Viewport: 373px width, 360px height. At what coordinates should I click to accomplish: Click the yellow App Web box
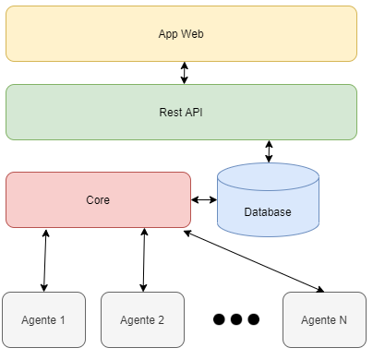181,33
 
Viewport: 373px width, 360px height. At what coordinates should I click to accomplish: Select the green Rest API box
181,112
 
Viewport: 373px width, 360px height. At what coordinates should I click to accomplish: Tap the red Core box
98,198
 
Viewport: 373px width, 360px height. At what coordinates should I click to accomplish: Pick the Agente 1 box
43,319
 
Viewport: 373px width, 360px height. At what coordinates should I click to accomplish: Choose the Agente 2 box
142,319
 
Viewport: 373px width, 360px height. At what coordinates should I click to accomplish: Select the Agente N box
324,319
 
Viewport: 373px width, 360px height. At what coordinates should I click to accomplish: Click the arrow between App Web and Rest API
185,73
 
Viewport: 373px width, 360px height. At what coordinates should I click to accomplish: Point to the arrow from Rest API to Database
269,151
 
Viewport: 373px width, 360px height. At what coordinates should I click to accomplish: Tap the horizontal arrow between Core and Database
204,199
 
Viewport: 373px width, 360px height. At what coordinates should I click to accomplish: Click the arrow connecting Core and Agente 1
44,259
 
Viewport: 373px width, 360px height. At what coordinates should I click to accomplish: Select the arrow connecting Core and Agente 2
143,259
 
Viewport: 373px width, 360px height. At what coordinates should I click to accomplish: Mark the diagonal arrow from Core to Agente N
254,261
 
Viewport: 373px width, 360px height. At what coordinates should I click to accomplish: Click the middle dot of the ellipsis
236,319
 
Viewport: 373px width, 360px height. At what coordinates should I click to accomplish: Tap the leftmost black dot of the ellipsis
219,319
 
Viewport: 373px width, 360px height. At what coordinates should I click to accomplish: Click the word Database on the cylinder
268,212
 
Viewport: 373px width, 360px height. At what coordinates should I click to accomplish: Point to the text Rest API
181,112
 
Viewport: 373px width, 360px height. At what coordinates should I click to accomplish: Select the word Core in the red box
98,198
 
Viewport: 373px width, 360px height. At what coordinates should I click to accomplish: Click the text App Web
181,33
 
